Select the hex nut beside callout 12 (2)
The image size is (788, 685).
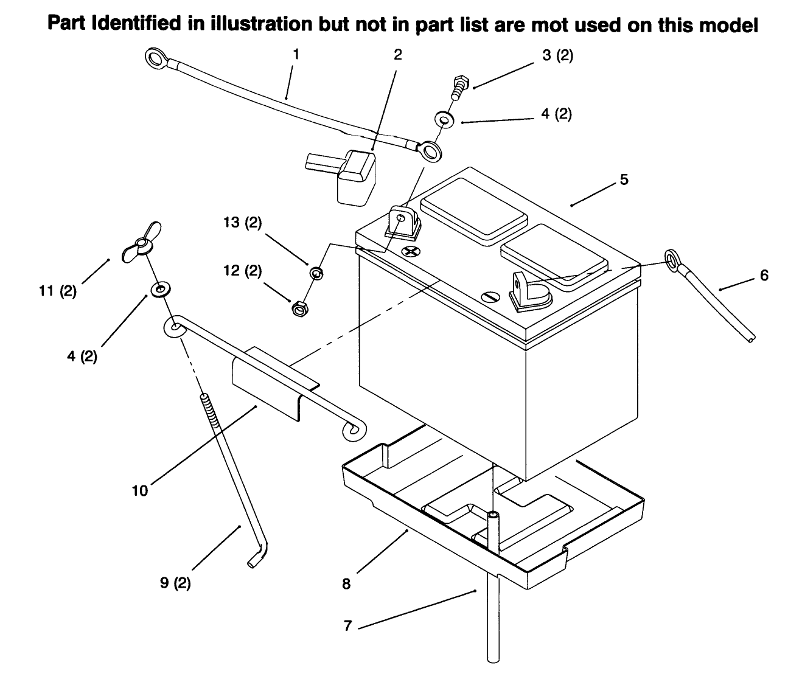click(x=299, y=309)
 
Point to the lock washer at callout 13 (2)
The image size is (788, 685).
click(x=316, y=273)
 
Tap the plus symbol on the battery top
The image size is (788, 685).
click(x=411, y=252)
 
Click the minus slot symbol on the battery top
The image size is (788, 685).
click(x=491, y=297)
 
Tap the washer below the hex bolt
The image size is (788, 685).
click(x=444, y=119)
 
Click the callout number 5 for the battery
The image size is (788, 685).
click(x=624, y=179)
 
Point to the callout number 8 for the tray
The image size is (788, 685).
click(x=346, y=584)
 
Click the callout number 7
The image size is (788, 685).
click(x=348, y=626)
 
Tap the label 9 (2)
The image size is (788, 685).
click(x=175, y=583)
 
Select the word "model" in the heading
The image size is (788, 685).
click(x=729, y=25)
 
